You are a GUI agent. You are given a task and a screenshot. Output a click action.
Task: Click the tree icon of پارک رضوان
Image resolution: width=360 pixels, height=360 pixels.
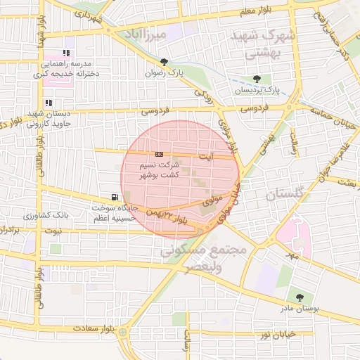pyautogui.click(x=164, y=61)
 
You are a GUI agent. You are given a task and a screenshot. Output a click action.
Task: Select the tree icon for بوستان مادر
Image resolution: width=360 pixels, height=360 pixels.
pyautogui.click(x=300, y=297)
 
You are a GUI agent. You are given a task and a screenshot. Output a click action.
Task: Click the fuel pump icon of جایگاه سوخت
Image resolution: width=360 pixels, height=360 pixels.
pyautogui.click(x=115, y=197)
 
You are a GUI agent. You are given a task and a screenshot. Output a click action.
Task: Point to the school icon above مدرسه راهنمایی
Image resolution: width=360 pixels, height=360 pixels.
pyautogui.click(x=67, y=53)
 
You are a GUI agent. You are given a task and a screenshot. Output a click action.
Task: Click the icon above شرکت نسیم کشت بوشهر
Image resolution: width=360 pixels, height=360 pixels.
pyautogui.click(x=159, y=153)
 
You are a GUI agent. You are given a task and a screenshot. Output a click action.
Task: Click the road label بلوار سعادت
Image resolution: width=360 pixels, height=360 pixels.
pyautogui.click(x=91, y=329)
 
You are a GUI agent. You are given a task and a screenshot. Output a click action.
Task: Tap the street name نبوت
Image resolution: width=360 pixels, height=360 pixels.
pyautogui.click(x=53, y=231)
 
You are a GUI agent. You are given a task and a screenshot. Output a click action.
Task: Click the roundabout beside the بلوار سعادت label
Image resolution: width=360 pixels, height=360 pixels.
pyautogui.click(x=123, y=331)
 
